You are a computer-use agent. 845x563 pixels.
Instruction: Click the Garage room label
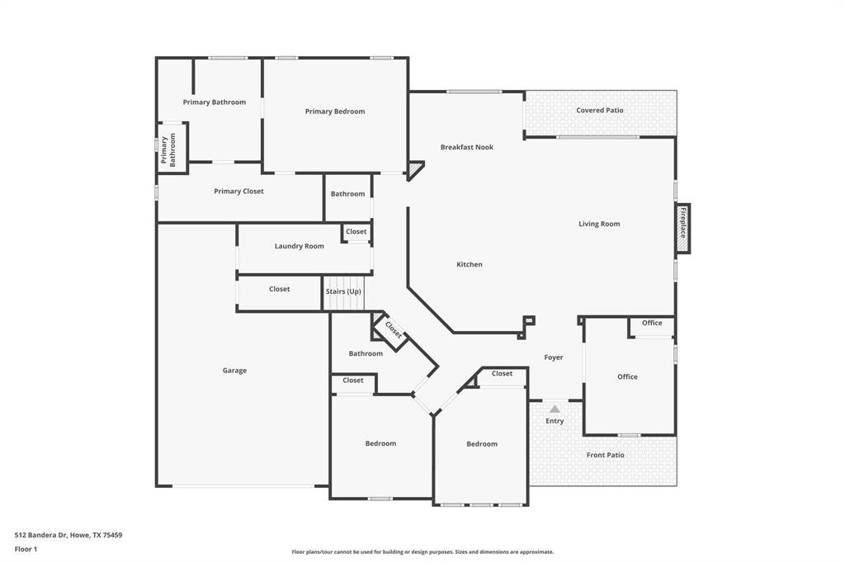234,371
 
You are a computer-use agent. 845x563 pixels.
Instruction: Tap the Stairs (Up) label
343,291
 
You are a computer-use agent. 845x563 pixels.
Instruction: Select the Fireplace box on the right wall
682,228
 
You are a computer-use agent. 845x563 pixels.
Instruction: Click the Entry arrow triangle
555,409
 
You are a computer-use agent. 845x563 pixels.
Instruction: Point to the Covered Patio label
600,110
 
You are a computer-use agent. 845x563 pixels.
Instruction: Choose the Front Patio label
605,455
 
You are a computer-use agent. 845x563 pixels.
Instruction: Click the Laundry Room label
299,246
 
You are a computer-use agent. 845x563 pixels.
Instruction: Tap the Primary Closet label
238,192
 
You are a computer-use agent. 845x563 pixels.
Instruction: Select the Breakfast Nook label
466,147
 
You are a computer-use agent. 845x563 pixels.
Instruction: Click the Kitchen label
470,264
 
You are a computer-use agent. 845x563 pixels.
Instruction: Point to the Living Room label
599,224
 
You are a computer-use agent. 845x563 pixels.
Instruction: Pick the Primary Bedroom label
334,111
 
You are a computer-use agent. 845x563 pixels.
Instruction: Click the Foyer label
554,357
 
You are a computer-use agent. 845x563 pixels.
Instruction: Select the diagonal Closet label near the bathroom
393,329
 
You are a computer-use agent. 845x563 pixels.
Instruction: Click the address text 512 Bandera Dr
68,535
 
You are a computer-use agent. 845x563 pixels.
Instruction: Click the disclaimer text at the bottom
422,551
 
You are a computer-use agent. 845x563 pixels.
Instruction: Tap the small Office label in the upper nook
652,323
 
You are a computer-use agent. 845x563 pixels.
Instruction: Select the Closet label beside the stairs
279,289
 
